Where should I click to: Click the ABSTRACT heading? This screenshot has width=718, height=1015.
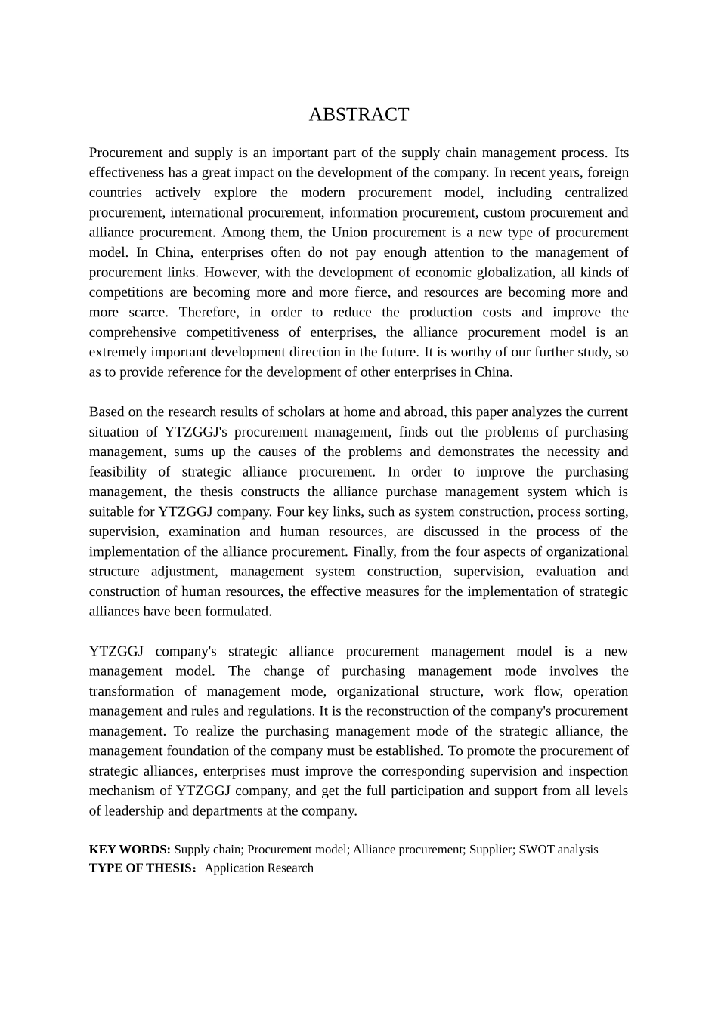[x=358, y=114]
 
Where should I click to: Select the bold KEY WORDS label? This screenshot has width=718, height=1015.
[x=129, y=849]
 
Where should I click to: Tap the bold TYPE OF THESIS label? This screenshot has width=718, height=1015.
[x=141, y=868]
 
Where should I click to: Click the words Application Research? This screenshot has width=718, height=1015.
[x=258, y=868]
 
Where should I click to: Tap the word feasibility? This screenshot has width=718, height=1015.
[x=118, y=471]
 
